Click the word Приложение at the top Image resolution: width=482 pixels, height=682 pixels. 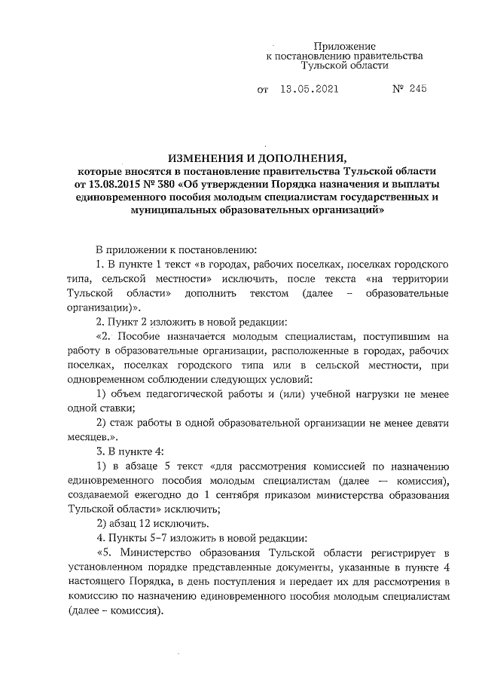344,46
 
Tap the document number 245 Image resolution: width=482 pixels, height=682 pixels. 416,89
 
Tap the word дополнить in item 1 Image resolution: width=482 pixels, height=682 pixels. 227,292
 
